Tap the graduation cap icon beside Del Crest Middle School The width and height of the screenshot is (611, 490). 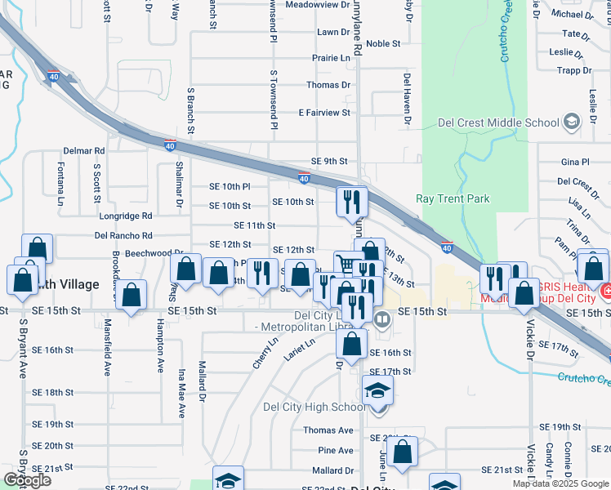(x=572, y=123)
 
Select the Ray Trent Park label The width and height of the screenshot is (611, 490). (x=453, y=198)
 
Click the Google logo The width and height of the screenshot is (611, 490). (x=26, y=480)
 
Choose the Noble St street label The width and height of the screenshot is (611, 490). (x=383, y=43)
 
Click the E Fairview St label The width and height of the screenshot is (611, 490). (x=324, y=112)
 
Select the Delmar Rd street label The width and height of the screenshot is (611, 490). (x=84, y=151)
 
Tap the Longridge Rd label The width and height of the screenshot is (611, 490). (x=123, y=216)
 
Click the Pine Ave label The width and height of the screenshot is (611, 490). (x=336, y=450)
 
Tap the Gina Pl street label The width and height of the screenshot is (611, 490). (x=575, y=163)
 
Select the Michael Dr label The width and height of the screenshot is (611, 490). (x=567, y=14)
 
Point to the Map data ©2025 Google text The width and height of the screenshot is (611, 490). (x=560, y=484)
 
